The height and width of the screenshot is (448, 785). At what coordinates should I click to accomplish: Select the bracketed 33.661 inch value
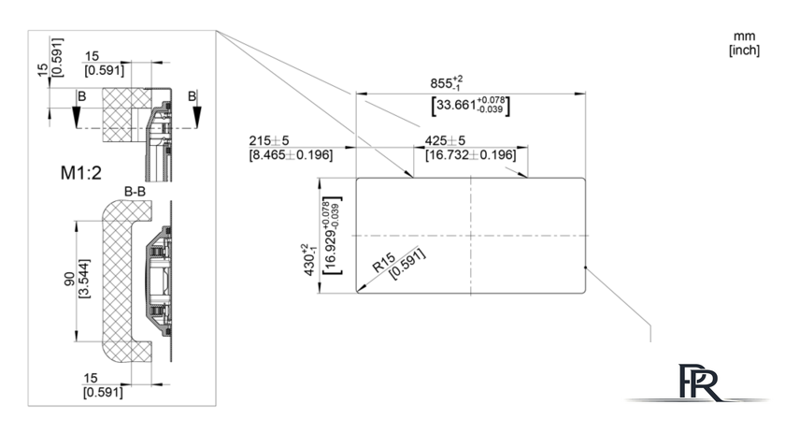(x=471, y=106)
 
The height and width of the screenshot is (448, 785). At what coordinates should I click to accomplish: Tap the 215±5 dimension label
(x=269, y=141)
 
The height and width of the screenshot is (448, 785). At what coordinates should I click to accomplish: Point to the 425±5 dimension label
(x=445, y=141)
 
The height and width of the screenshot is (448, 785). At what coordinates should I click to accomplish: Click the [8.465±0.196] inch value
(x=291, y=155)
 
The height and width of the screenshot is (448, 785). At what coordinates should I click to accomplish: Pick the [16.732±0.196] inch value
(x=471, y=155)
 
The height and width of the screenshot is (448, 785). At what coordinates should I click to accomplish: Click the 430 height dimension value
(x=308, y=260)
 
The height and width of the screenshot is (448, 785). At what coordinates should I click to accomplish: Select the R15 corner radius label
(x=384, y=263)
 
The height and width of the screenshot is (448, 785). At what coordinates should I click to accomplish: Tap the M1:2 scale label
(x=81, y=173)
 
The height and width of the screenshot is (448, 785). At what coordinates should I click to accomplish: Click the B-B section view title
(x=135, y=192)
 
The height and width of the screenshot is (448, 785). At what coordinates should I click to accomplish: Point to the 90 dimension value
(x=69, y=279)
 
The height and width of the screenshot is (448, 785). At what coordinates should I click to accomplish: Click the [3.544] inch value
(x=85, y=279)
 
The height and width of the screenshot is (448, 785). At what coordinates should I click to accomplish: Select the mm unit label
(x=745, y=36)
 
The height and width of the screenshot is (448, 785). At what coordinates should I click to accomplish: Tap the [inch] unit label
(x=745, y=51)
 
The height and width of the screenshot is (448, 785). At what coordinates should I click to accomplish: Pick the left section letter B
(x=81, y=96)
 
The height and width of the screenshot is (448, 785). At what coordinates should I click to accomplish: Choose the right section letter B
(x=193, y=96)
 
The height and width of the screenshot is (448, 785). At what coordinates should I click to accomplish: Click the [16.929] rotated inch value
(x=332, y=236)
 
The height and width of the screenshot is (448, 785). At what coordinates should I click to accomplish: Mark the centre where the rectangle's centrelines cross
(x=471, y=236)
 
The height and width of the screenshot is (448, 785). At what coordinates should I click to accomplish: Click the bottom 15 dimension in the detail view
(x=91, y=378)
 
